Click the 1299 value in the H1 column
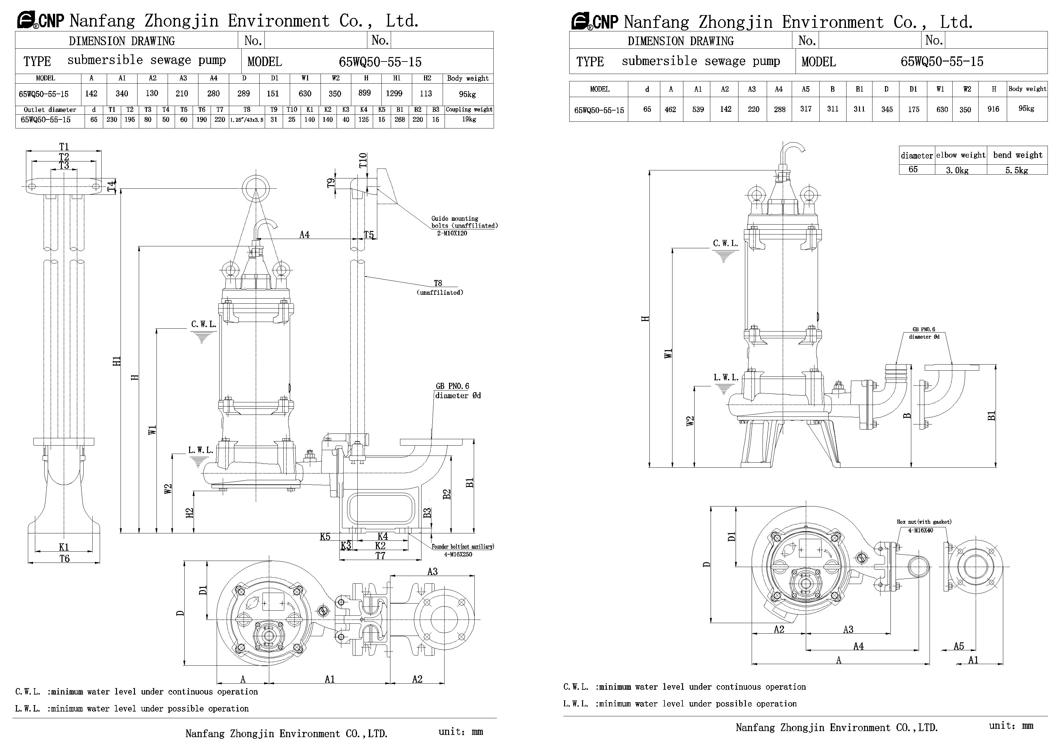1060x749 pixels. pos(394,94)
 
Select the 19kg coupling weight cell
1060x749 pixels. pos(469,119)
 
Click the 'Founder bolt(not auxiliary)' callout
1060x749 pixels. pos(463,547)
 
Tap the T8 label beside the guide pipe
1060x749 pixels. pos(438,283)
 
